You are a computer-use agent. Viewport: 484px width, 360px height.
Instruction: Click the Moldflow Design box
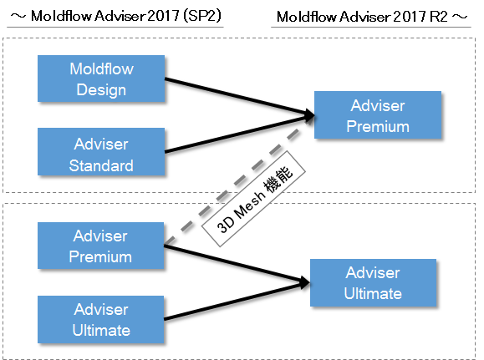(101, 79)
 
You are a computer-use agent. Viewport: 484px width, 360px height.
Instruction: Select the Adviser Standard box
(101, 152)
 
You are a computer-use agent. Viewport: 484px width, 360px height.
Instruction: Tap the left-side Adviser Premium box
(100, 246)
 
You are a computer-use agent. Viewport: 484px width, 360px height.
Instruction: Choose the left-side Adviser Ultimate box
(100, 319)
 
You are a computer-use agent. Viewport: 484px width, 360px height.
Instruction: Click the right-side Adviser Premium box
(378, 114)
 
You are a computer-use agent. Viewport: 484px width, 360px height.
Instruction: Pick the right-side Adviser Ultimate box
(373, 282)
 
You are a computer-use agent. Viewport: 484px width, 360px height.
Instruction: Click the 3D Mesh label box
(253, 199)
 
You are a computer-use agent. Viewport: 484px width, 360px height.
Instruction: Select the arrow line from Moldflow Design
(239, 97)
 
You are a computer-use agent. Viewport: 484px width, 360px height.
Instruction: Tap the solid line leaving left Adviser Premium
(237, 264)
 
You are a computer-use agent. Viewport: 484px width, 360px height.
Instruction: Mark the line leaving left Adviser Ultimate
(237, 301)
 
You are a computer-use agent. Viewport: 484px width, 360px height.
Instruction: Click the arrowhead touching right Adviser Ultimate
(304, 282)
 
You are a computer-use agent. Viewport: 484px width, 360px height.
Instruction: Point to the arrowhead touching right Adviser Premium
(309, 115)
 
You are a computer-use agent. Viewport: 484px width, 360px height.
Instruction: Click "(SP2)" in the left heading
(202, 15)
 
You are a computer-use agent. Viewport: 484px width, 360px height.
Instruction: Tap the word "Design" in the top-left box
(101, 89)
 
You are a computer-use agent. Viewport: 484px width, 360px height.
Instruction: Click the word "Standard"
(101, 165)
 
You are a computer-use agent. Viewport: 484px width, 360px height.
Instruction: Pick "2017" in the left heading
(163, 15)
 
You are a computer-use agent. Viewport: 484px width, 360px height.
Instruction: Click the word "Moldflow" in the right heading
(306, 17)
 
